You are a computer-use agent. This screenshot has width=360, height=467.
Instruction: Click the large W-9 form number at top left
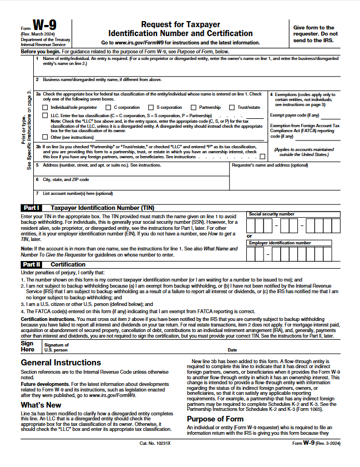pos(44,26)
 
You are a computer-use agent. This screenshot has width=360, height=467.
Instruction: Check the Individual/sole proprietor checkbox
pos(45,107)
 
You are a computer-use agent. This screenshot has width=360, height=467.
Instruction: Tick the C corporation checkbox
pos(109,107)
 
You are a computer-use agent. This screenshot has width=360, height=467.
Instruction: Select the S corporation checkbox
pos(151,107)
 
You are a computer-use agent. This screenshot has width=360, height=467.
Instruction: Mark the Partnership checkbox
pos(194,107)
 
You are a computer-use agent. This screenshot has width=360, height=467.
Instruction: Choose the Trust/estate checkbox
pos(232,107)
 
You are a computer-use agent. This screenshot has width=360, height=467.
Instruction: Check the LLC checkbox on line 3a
pos(45,116)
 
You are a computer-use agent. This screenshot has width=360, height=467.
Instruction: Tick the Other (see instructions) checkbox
pos(45,137)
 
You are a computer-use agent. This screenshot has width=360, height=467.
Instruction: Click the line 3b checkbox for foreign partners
pos(262,157)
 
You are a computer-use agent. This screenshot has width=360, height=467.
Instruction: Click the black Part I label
pos(31,208)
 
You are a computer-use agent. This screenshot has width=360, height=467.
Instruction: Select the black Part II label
pos(31,264)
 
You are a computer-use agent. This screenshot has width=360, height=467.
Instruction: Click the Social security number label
pos(272,214)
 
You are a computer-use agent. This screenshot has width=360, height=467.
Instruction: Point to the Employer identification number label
pos(280,243)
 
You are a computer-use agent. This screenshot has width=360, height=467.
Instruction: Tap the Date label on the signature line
pos(232,350)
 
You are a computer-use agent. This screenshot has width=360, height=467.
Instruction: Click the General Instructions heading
pos(61,363)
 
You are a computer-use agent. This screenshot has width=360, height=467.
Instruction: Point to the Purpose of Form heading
pos(215,419)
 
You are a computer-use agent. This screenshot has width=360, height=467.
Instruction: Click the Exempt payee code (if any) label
pos(295,115)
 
